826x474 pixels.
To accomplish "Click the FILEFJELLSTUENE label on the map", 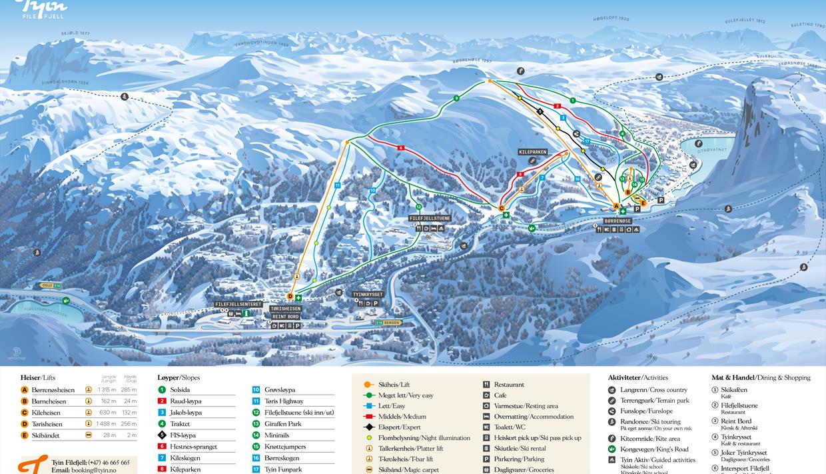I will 430,218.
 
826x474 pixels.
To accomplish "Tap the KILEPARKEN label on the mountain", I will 532,152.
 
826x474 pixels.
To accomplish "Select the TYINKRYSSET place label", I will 368,294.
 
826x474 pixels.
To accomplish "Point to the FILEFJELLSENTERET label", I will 238,304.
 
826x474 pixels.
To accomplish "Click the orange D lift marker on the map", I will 290,297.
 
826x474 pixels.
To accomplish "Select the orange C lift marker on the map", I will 502,209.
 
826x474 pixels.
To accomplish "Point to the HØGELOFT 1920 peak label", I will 611,19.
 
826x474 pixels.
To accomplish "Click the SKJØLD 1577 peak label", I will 75,33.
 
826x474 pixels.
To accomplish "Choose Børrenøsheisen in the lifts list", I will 53,390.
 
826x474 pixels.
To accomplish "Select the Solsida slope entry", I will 180,390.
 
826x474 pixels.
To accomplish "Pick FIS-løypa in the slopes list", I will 183,435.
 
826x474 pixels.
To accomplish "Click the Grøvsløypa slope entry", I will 280,390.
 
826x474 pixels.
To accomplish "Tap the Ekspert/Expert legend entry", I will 400,427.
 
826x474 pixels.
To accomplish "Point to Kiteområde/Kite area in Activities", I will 649,439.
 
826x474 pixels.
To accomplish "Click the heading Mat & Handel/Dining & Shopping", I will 761,377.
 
